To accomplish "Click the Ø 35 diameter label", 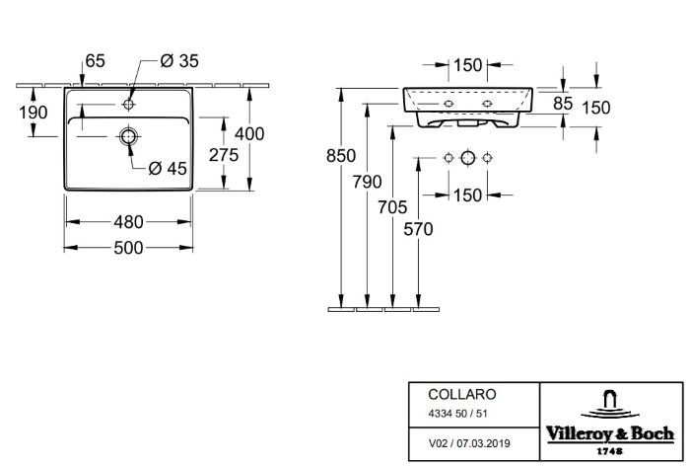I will click(179, 61).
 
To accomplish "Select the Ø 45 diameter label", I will click(168, 169).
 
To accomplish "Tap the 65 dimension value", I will click(95, 61).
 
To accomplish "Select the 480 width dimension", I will click(130, 222).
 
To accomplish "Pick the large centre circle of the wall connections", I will click(467, 159).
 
